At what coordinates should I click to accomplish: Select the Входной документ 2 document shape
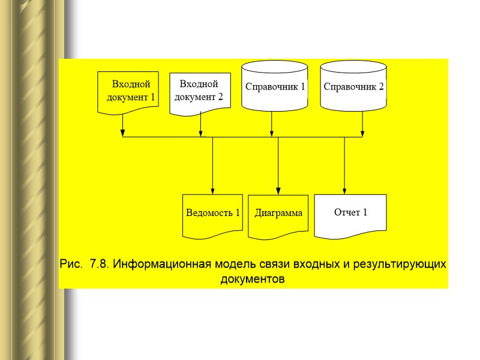200,92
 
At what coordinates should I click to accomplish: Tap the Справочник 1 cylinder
275,86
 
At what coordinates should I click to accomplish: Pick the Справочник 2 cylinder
353,86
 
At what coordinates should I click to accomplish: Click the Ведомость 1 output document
212,214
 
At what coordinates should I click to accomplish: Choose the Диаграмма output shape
278,214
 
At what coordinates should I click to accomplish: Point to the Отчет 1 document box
350,213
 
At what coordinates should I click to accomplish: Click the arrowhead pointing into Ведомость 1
212,190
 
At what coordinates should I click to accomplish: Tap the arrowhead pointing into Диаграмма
278,190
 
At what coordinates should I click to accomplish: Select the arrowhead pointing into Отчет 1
344,190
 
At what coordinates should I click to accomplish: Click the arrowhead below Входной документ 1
122,132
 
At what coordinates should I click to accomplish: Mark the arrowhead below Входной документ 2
200,132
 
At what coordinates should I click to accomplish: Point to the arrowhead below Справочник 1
272,132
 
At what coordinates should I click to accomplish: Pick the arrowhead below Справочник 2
362,132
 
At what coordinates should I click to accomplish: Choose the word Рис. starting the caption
72,265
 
